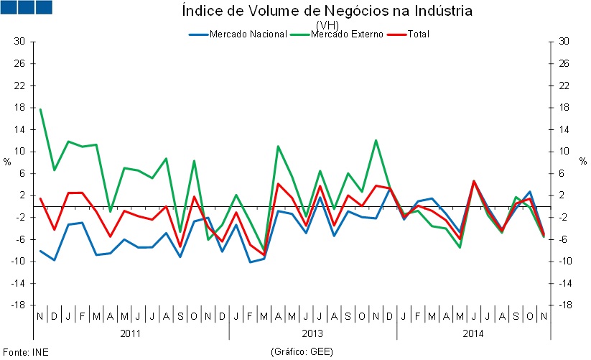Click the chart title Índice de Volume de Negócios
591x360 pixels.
(x=327, y=11)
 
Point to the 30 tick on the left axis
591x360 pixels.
(x=20, y=42)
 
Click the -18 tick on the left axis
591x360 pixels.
(x=18, y=305)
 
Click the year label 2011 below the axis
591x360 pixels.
(x=130, y=333)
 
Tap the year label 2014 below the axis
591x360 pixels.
(x=473, y=333)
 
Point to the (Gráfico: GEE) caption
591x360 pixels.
(x=302, y=353)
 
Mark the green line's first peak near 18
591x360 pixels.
(x=40, y=109)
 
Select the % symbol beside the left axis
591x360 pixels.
(x=7, y=162)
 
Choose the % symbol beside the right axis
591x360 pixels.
(x=583, y=162)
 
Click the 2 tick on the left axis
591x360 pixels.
(x=22, y=195)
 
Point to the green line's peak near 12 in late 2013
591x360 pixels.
(x=376, y=140)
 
